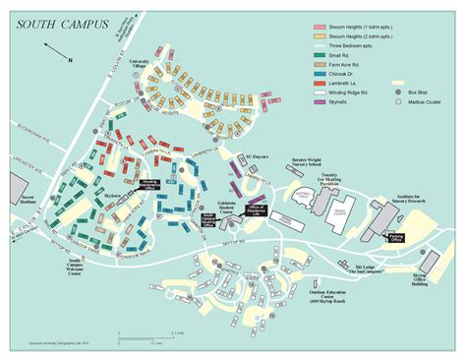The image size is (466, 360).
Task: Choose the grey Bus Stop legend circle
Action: tap(399, 91)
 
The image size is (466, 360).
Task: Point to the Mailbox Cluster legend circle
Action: tap(399, 101)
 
